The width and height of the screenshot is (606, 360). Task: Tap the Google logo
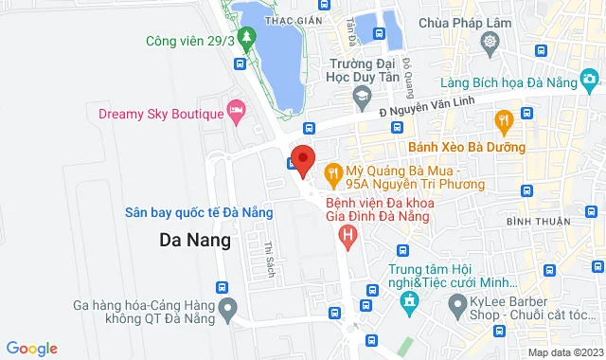click(31, 349)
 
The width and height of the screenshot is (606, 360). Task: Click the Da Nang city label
click(194, 240)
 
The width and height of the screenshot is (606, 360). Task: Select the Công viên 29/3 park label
click(189, 41)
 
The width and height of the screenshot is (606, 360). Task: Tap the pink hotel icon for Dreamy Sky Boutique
click(236, 115)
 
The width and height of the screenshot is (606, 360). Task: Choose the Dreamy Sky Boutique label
click(160, 115)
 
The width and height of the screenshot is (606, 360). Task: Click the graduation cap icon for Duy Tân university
click(361, 95)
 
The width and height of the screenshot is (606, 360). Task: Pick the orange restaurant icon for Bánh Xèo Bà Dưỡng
click(503, 119)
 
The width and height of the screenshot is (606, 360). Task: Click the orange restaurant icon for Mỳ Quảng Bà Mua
click(331, 173)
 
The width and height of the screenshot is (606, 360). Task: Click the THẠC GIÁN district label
click(289, 18)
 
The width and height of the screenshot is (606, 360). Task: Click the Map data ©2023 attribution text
click(564, 352)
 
